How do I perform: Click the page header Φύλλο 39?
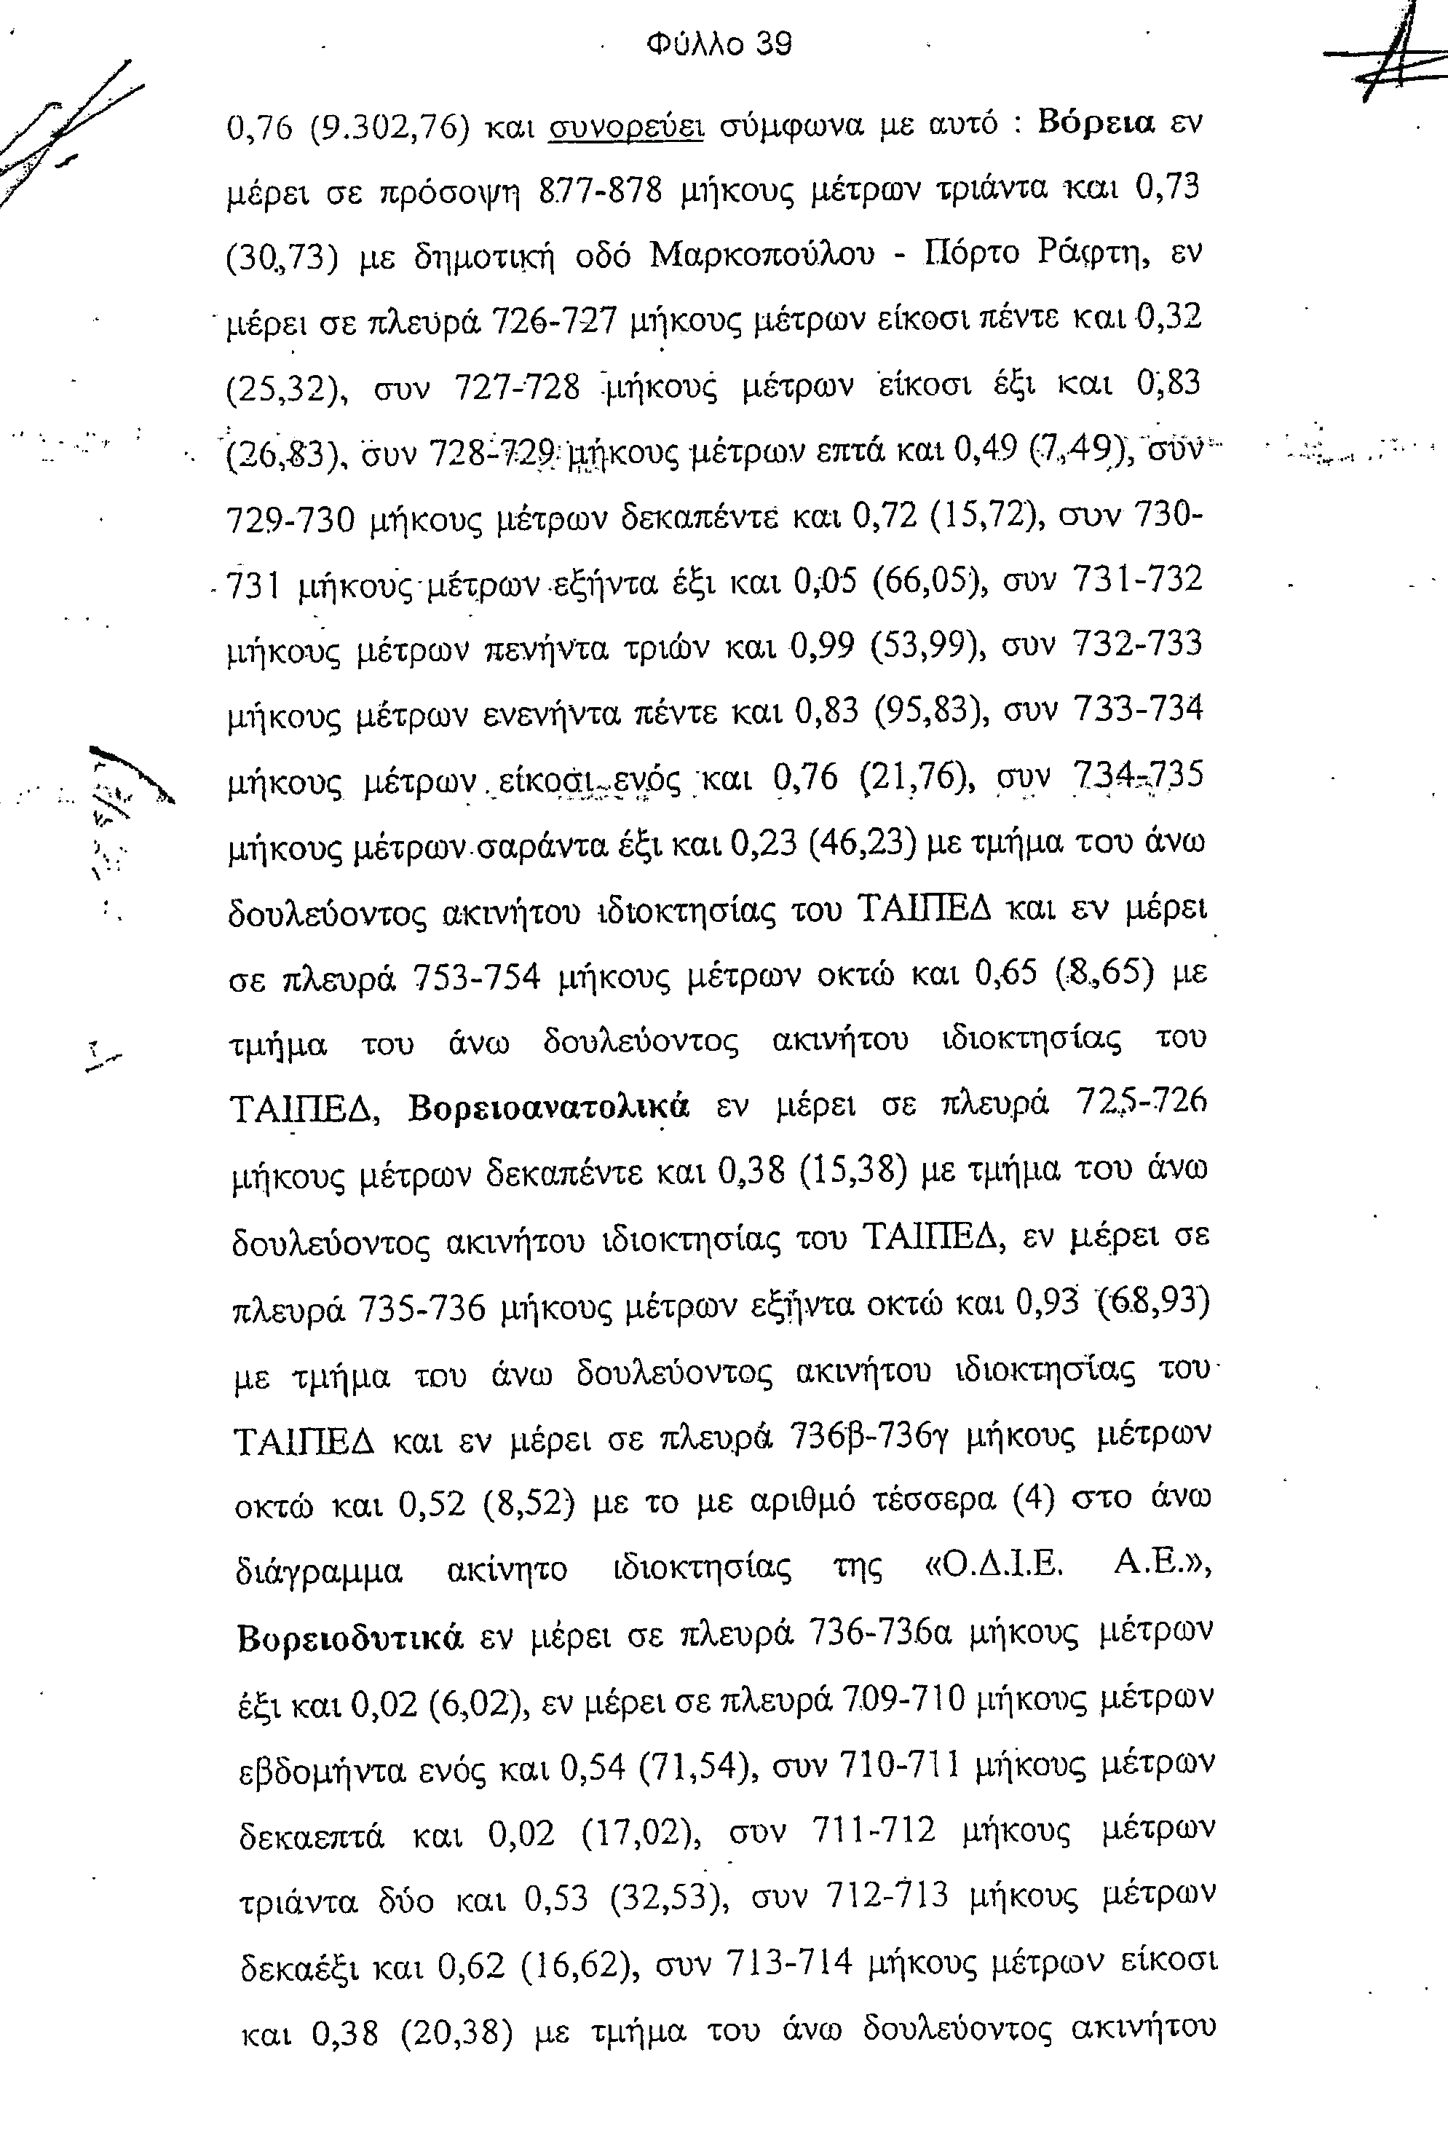(x=719, y=43)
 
